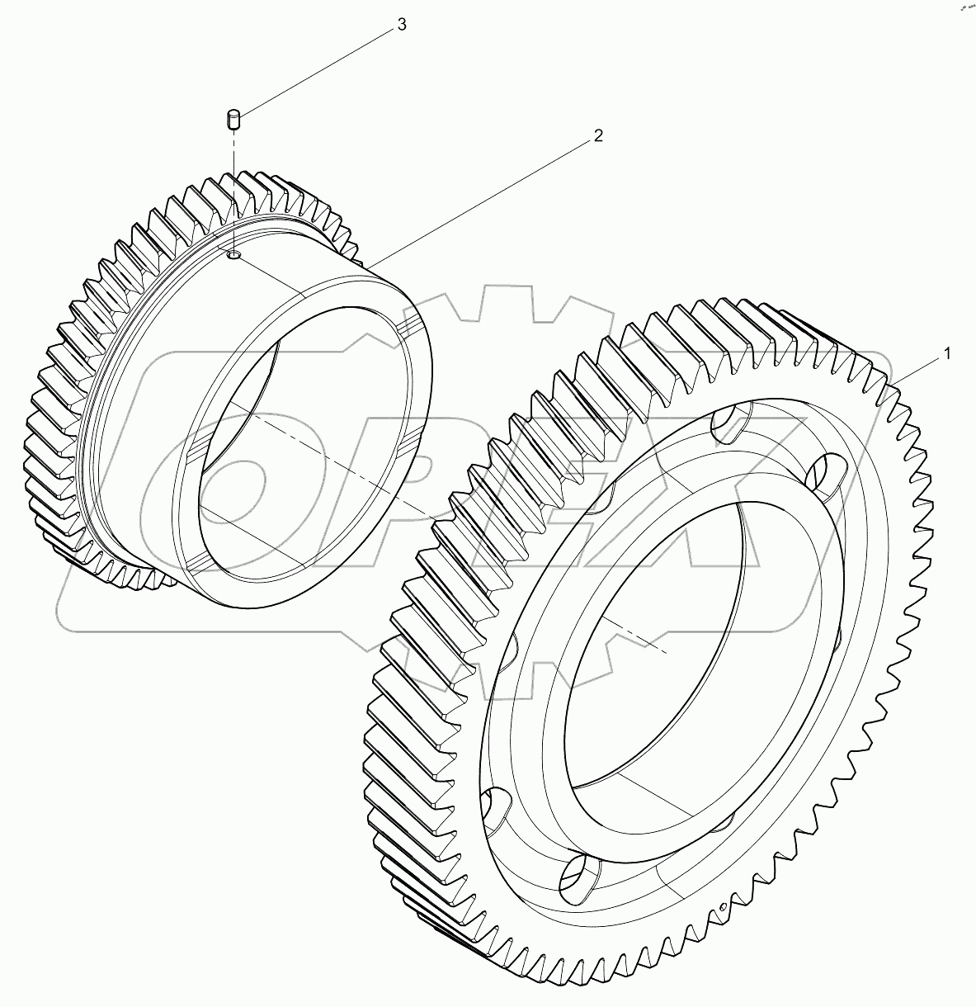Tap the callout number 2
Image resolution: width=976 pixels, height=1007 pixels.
[x=597, y=135]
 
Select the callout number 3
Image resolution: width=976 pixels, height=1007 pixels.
[x=401, y=25]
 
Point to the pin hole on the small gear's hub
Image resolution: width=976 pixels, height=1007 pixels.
[x=234, y=257]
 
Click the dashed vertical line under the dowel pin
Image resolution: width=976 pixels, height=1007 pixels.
[x=233, y=190]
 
